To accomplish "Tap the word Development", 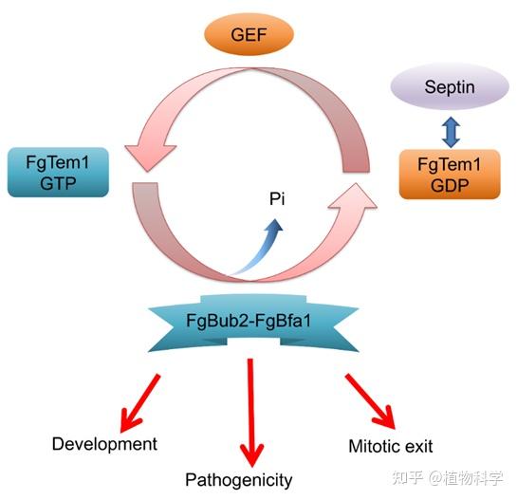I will pos(104,443).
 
